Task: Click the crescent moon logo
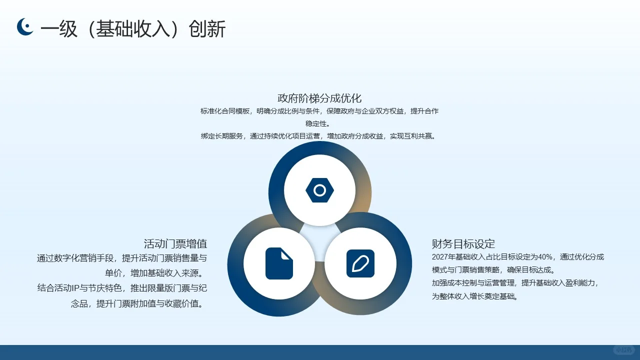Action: point(25,27)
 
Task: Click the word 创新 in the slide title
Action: point(207,29)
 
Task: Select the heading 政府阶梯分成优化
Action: point(319,98)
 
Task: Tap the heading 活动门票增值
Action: point(175,244)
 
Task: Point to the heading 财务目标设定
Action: point(463,244)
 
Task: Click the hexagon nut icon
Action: point(319,190)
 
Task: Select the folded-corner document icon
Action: point(279,263)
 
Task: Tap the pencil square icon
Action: point(360,263)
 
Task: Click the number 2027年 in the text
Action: point(443,257)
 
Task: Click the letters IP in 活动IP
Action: point(76,288)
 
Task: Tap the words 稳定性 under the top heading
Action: point(317,123)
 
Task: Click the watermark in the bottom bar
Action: point(623,350)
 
